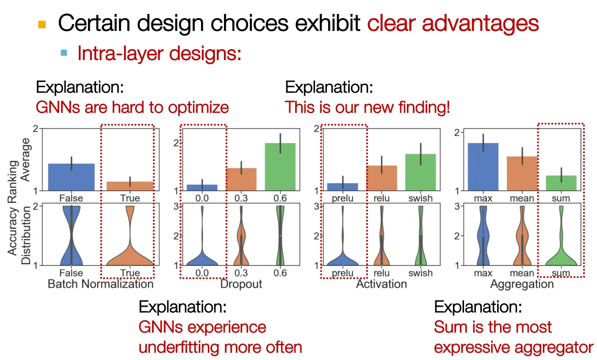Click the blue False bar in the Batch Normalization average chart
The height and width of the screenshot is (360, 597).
click(x=71, y=177)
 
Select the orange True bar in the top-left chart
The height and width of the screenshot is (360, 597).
click(x=130, y=186)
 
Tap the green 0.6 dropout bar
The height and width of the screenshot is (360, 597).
click(x=280, y=167)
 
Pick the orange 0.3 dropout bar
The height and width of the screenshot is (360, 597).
click(x=241, y=179)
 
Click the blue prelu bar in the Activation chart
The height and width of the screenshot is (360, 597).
click(x=343, y=187)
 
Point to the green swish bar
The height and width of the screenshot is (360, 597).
click(x=420, y=172)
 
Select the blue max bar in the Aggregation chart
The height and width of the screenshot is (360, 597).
click(x=483, y=167)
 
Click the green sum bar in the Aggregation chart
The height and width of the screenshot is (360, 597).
click(x=561, y=183)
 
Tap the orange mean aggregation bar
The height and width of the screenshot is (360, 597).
click(x=522, y=174)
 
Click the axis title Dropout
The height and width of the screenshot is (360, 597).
click(x=241, y=284)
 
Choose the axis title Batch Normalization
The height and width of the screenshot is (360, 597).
click(x=101, y=284)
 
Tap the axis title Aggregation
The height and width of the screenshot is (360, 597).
click(x=522, y=284)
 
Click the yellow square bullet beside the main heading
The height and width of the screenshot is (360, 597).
click(x=42, y=25)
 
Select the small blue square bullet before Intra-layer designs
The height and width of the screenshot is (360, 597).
click(x=64, y=53)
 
